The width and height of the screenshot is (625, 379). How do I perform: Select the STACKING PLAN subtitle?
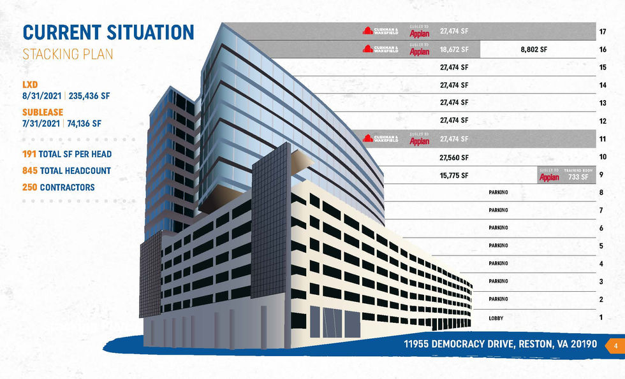point(68,54)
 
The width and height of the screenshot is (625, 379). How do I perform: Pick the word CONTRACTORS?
point(67,187)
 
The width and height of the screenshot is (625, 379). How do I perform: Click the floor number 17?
point(603,31)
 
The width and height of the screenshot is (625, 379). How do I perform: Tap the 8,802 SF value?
point(534,49)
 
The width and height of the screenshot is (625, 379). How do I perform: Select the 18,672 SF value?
point(454,49)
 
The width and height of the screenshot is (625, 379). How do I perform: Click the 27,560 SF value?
point(454,157)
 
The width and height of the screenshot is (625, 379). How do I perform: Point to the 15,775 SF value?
point(454,175)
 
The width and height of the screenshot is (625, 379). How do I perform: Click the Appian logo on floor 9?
point(549,177)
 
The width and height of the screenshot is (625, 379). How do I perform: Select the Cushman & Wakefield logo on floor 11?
point(381,138)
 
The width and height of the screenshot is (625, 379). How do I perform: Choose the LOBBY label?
point(496,317)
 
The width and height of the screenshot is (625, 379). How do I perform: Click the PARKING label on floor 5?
point(498,246)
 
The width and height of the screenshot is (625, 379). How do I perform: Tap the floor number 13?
point(603,103)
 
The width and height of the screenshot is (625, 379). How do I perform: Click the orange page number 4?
point(616,345)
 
